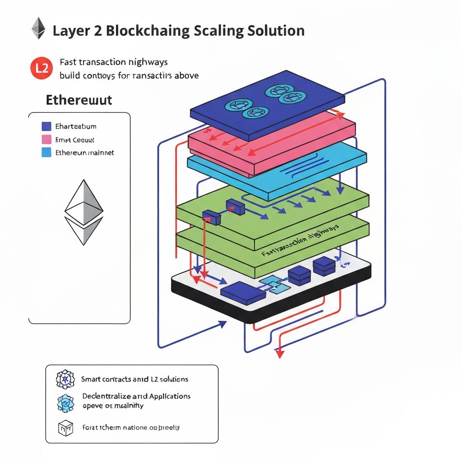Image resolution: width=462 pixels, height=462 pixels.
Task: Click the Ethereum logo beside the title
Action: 38,28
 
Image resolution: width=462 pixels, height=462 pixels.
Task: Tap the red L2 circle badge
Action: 39,69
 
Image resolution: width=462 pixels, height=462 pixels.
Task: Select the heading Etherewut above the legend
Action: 79,100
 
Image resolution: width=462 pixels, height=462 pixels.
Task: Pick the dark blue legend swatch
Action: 46,126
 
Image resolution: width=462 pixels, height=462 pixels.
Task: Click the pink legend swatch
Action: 46,139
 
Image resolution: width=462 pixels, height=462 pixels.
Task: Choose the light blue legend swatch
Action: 46,152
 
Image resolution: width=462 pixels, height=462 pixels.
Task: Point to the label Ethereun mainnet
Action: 84,152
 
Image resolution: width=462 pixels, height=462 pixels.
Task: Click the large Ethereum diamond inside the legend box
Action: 84,212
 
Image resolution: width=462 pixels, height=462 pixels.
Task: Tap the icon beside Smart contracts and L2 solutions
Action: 65,379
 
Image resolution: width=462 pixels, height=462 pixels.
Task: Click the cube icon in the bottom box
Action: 65,427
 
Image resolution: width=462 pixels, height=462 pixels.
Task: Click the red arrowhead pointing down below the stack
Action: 280,354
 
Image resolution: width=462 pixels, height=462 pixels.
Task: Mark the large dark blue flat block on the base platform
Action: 243,292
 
